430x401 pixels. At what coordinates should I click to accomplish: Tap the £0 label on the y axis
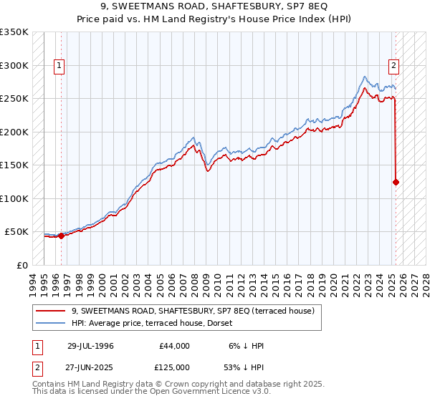(x=23, y=265)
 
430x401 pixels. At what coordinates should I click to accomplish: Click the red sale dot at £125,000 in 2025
(x=396, y=182)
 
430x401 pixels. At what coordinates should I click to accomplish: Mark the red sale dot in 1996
(x=61, y=236)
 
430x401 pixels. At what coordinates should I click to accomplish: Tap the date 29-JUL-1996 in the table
(x=90, y=346)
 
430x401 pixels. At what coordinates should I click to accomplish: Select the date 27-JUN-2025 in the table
(x=90, y=367)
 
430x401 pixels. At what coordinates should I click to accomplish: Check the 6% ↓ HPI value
(x=245, y=346)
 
